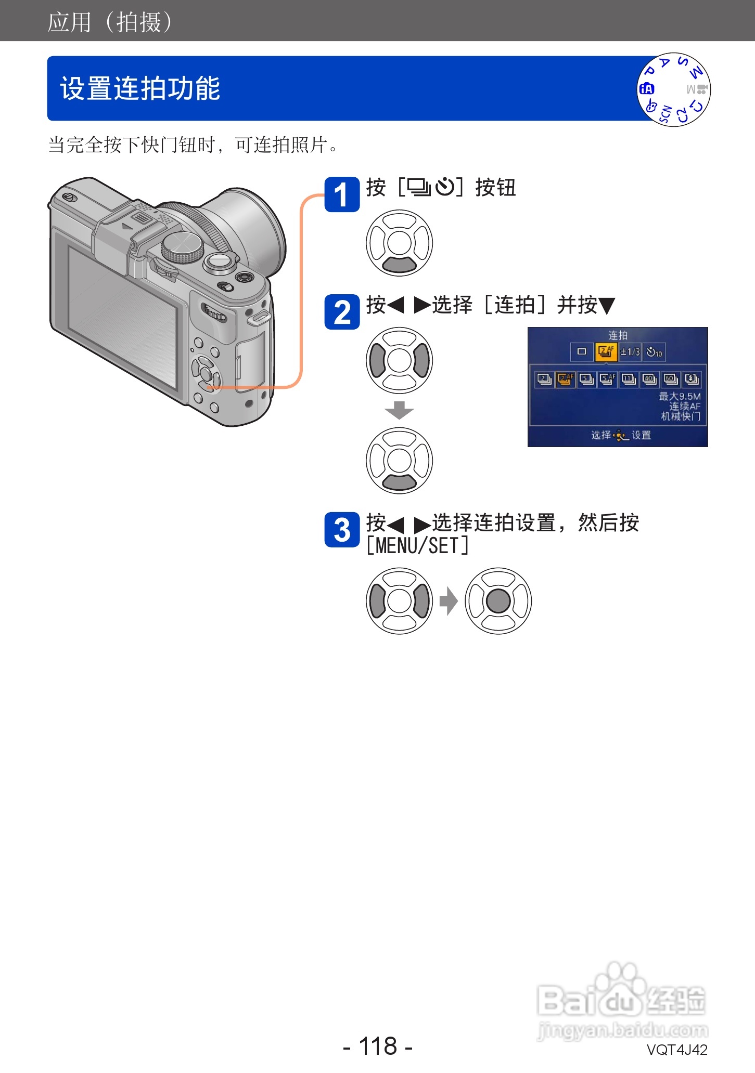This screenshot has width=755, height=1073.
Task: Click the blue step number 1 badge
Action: click(x=342, y=194)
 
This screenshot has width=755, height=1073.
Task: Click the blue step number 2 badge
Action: click(x=342, y=312)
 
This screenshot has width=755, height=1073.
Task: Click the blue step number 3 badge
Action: click(x=342, y=530)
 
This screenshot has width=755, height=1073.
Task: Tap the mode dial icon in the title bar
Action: click(x=673, y=89)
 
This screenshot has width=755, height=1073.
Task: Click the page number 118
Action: click(x=378, y=1046)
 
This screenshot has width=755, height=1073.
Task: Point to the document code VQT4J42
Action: click(x=676, y=1050)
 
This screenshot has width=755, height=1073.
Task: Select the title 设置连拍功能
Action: click(x=140, y=88)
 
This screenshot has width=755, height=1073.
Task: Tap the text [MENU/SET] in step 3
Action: click(x=417, y=546)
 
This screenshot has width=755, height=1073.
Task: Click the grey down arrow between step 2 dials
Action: click(x=399, y=410)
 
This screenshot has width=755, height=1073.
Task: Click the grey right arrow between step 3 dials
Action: click(x=448, y=601)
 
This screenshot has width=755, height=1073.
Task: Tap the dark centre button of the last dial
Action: click(x=498, y=601)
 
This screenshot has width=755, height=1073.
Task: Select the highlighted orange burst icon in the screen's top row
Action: click(x=606, y=352)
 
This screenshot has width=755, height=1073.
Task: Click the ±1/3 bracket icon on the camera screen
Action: click(x=630, y=352)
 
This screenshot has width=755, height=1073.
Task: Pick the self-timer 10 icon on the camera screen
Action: click(x=654, y=352)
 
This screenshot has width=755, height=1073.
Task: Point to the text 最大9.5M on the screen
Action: click(x=680, y=396)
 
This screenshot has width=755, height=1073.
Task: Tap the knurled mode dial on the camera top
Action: click(x=182, y=246)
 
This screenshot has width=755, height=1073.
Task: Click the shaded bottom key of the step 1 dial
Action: click(x=399, y=266)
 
